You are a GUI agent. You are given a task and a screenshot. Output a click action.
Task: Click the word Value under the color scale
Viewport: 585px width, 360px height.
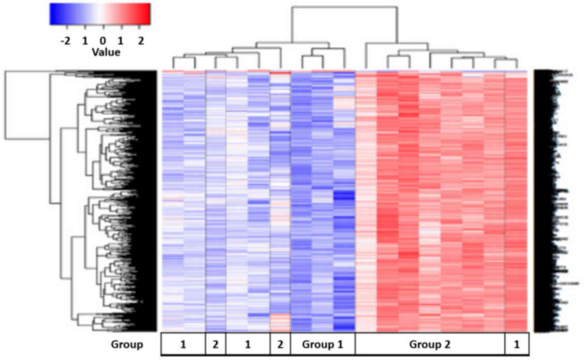click(106, 52)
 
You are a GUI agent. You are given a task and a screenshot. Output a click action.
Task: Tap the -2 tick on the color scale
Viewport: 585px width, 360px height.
click(65, 40)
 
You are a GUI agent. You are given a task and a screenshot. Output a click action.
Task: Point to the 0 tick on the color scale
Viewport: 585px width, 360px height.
click(102, 40)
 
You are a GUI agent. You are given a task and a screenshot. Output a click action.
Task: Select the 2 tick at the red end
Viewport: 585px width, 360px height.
click(140, 40)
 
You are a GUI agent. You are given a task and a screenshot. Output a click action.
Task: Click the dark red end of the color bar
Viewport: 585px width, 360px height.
click(147, 14)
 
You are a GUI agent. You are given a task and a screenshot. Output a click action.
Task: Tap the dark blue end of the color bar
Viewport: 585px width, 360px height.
click(53, 14)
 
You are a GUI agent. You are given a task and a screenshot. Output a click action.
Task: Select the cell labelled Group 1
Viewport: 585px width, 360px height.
click(323, 344)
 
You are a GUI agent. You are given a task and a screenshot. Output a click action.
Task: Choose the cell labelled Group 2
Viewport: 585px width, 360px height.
click(429, 344)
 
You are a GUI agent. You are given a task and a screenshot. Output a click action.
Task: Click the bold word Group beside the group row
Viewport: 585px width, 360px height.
click(127, 344)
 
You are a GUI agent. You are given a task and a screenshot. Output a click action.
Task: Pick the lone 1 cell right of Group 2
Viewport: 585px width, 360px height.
click(516, 344)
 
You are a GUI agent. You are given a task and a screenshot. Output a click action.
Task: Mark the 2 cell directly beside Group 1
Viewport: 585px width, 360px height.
click(280, 344)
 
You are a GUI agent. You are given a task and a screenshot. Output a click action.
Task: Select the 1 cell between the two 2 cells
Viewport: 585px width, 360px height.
click(248, 344)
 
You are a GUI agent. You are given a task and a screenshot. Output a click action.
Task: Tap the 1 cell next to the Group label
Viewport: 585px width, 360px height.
click(183, 344)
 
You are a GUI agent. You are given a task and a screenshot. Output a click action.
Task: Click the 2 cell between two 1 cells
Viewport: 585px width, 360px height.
click(216, 344)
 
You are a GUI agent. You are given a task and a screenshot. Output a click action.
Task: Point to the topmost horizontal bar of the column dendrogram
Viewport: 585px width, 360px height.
click(344, 7)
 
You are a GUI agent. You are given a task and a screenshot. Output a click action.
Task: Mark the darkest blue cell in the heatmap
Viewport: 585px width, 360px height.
click(344, 197)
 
